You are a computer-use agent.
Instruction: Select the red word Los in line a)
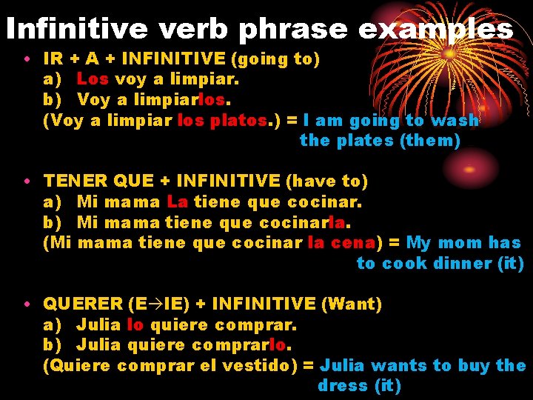click(x=93, y=79)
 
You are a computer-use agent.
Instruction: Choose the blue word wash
click(x=455, y=120)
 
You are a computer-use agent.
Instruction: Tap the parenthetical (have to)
click(x=326, y=181)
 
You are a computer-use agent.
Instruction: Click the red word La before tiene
click(x=178, y=201)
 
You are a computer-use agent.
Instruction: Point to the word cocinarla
click(x=305, y=222)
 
